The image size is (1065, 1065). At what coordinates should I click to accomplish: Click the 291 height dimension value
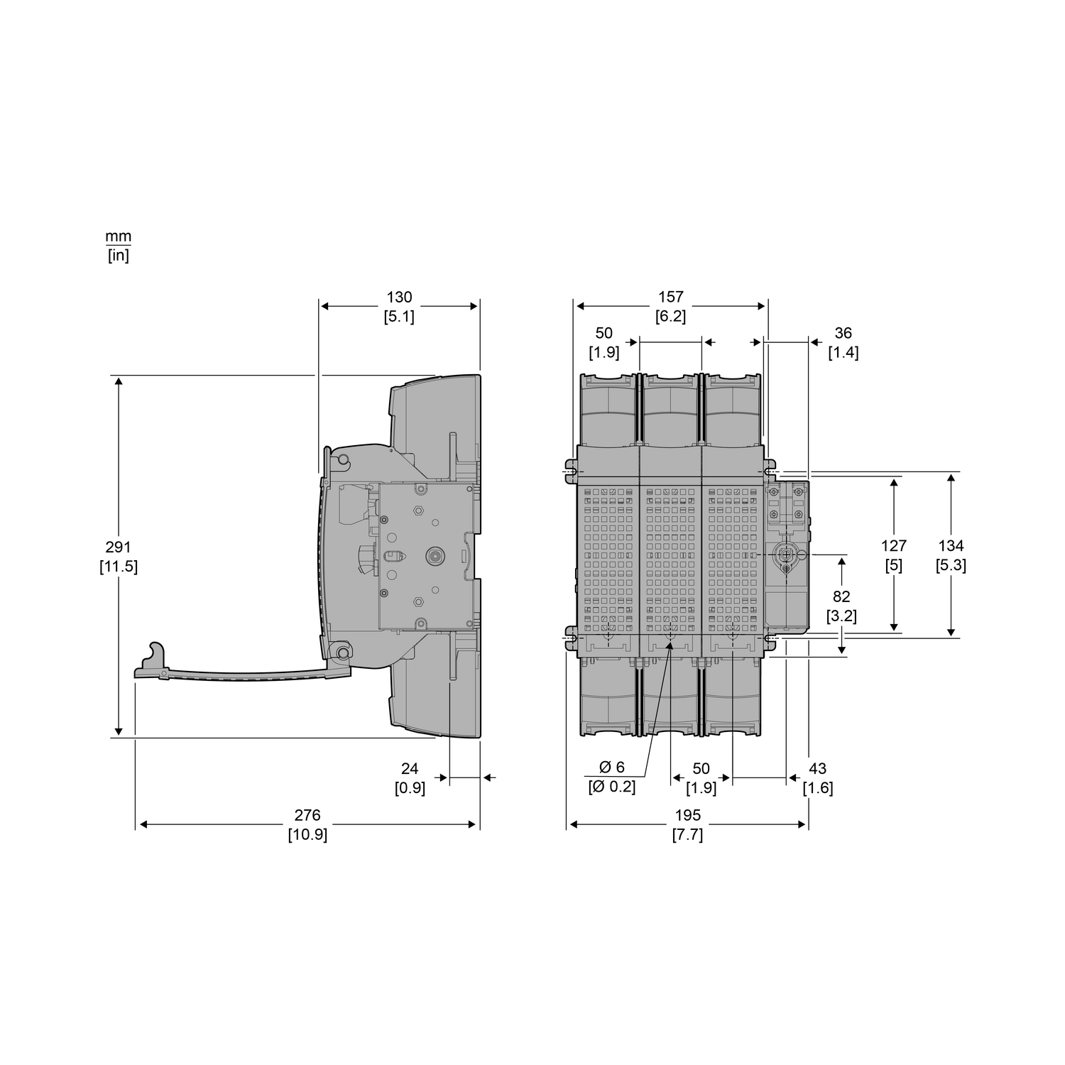pyautogui.click(x=119, y=547)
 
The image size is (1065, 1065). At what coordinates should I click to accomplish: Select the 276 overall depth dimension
pyautogui.click(x=307, y=816)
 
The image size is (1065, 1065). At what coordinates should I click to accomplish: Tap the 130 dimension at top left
pyautogui.click(x=399, y=297)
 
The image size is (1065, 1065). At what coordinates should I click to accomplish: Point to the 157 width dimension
pyautogui.click(x=670, y=297)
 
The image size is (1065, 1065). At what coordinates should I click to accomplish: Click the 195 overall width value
pyautogui.click(x=687, y=816)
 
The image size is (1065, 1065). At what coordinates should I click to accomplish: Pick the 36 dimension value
pyautogui.click(x=843, y=333)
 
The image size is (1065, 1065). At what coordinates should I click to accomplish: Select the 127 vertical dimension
pyautogui.click(x=894, y=546)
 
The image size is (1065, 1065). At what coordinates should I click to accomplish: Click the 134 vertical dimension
pyautogui.click(x=951, y=546)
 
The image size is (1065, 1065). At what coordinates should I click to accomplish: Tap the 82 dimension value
pyautogui.click(x=841, y=597)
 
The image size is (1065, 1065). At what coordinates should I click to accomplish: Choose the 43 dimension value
pyautogui.click(x=818, y=769)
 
